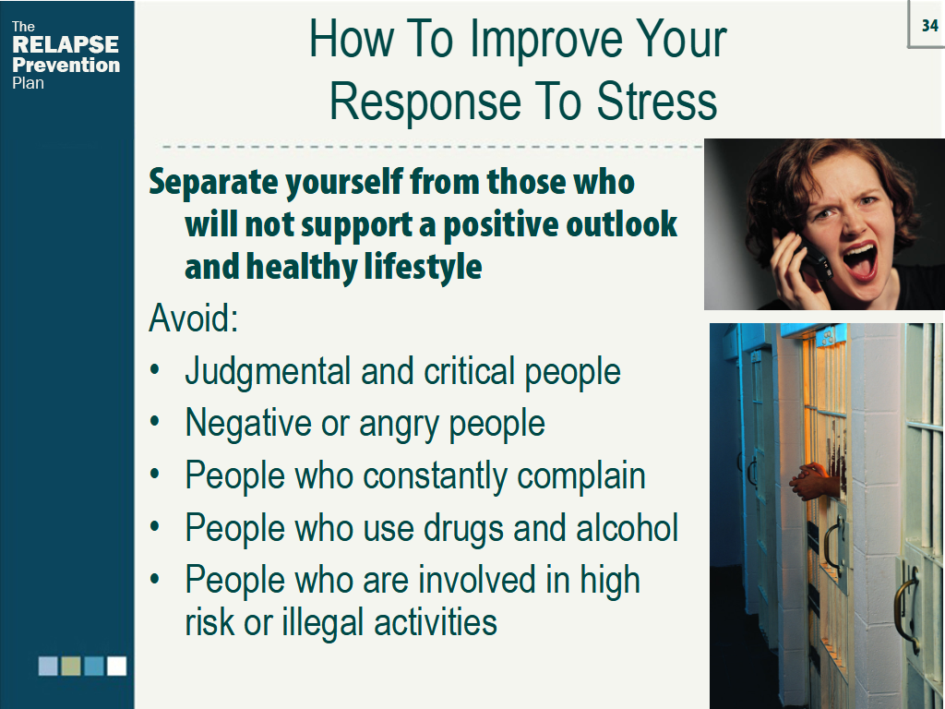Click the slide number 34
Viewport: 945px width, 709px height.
point(930,25)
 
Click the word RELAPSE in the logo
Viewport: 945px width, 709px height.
point(66,44)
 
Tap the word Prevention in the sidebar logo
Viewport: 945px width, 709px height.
point(66,65)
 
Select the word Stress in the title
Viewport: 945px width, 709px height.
point(656,101)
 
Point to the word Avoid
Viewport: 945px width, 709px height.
point(194,318)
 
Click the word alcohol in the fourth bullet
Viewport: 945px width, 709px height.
point(627,527)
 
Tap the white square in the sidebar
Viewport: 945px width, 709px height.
point(117,667)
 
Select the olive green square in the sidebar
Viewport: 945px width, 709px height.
point(71,667)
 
